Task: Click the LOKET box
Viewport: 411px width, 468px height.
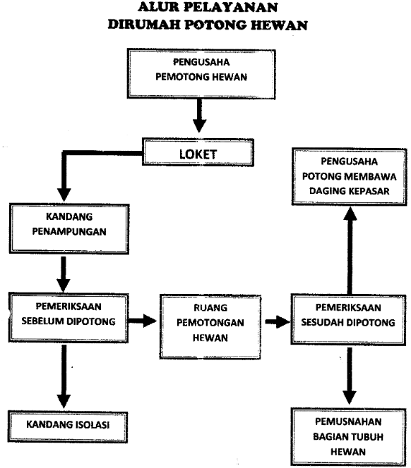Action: point(198,152)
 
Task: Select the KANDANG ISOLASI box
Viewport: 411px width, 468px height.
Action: point(68,427)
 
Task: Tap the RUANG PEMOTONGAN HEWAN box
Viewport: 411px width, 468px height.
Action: point(210,326)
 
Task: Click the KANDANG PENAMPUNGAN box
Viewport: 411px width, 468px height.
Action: point(69,228)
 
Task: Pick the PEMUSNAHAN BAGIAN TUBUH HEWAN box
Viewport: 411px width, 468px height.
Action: point(348,438)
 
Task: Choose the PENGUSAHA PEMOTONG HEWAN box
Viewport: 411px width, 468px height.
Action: point(201,74)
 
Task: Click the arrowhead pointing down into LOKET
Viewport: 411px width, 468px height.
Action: point(200,126)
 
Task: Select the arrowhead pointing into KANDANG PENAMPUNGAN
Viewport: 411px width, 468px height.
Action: point(64,195)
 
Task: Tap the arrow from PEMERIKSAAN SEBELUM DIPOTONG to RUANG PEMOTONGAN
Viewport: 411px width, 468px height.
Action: point(142,321)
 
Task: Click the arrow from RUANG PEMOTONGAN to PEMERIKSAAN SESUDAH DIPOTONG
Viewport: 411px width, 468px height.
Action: point(278,321)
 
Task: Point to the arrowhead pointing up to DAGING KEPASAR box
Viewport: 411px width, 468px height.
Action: point(350,214)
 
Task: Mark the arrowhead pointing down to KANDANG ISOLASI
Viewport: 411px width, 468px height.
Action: point(64,401)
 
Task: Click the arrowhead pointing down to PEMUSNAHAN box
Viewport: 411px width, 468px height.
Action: point(349,398)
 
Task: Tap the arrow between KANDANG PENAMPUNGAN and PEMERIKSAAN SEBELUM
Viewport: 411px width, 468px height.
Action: point(64,274)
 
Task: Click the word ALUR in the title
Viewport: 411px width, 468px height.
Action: point(157,7)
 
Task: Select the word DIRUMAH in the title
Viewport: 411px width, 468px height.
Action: point(144,25)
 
